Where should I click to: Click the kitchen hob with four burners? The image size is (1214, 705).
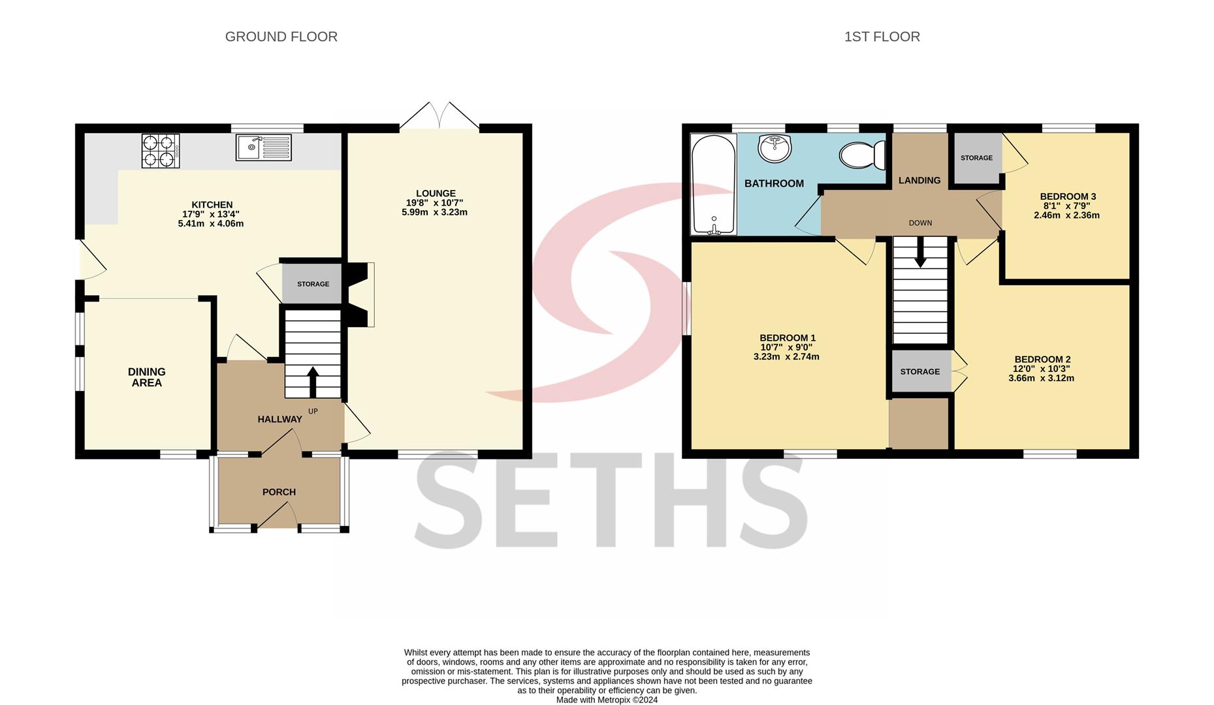pyautogui.click(x=161, y=151)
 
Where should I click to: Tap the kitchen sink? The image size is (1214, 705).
pyautogui.click(x=263, y=148)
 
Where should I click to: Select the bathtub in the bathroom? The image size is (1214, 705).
pyautogui.click(x=714, y=184)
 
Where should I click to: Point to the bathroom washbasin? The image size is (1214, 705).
pyautogui.click(x=775, y=148)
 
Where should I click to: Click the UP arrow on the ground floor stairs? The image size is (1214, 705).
pyautogui.click(x=313, y=382)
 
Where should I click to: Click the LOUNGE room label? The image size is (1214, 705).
pyautogui.click(x=436, y=193)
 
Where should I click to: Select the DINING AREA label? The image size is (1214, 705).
pyautogui.click(x=147, y=377)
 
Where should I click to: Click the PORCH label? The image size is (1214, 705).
pyautogui.click(x=279, y=492)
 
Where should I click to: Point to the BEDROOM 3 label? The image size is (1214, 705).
pyautogui.click(x=1068, y=196)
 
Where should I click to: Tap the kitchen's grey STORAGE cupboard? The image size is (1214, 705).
pyautogui.click(x=312, y=284)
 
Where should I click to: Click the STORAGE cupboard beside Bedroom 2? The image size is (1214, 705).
pyautogui.click(x=920, y=371)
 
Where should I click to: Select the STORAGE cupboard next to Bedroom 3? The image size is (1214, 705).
pyautogui.click(x=977, y=159)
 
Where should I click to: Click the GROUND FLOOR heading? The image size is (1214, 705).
pyautogui.click(x=281, y=37)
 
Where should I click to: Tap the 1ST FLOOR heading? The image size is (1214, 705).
pyautogui.click(x=882, y=37)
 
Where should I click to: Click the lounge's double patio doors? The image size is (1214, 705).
pyautogui.click(x=439, y=116)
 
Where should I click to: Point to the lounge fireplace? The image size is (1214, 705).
pyautogui.click(x=360, y=294)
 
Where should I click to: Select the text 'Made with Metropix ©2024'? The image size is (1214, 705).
pyautogui.click(x=607, y=700)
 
